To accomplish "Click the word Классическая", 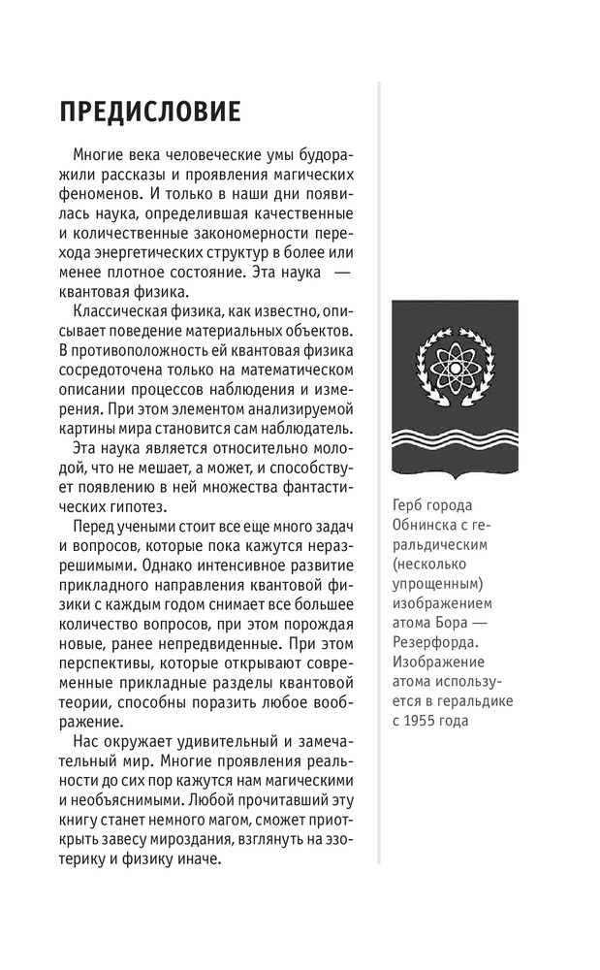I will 118,309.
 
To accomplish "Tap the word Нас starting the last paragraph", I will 86,742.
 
